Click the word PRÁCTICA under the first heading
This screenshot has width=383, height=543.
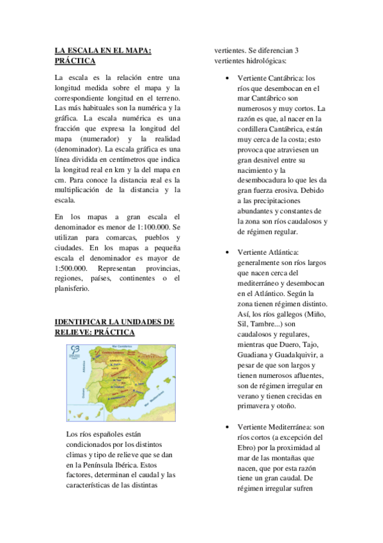(x=75, y=61)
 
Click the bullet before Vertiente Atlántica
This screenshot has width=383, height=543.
(x=228, y=252)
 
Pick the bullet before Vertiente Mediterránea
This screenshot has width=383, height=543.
(x=228, y=427)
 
